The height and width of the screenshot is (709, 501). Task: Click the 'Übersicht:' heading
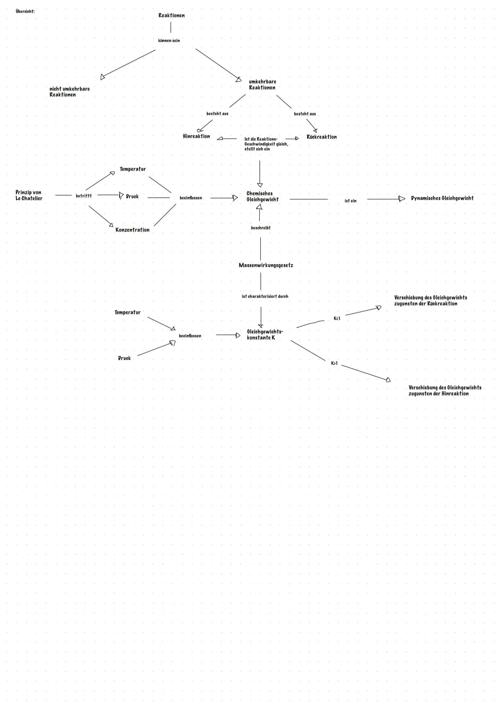pyautogui.click(x=25, y=12)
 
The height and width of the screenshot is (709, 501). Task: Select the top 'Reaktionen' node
pyautogui.click(x=172, y=15)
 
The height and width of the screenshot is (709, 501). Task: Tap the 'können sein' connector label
pyautogui.click(x=169, y=40)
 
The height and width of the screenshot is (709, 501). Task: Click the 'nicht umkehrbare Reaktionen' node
pyautogui.click(x=70, y=92)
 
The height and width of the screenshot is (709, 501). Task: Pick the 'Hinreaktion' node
pyautogui.click(x=196, y=136)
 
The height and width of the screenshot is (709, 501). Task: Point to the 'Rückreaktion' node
pyautogui.click(x=321, y=137)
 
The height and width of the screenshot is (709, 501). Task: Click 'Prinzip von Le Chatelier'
pyautogui.click(x=29, y=195)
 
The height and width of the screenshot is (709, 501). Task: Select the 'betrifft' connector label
pyautogui.click(x=83, y=196)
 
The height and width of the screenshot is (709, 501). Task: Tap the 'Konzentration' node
pyautogui.click(x=132, y=230)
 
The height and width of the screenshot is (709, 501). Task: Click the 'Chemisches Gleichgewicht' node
pyautogui.click(x=263, y=196)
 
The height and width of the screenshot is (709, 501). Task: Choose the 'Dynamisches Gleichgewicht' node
pyautogui.click(x=442, y=198)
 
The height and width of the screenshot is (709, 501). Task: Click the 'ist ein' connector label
pyautogui.click(x=350, y=200)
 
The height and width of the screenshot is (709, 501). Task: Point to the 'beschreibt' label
pyautogui.click(x=260, y=227)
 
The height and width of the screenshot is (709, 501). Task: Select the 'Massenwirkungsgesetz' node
pyautogui.click(x=266, y=265)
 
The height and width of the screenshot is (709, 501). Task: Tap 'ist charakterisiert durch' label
pyautogui.click(x=265, y=296)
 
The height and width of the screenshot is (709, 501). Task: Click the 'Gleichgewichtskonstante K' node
pyautogui.click(x=265, y=335)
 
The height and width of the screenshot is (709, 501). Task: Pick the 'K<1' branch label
pyautogui.click(x=337, y=318)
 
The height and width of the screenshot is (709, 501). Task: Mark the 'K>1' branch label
pyautogui.click(x=334, y=363)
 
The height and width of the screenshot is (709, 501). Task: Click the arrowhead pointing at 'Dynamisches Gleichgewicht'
pyautogui.click(x=402, y=199)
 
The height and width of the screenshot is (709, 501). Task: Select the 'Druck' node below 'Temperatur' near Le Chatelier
pyautogui.click(x=132, y=196)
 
